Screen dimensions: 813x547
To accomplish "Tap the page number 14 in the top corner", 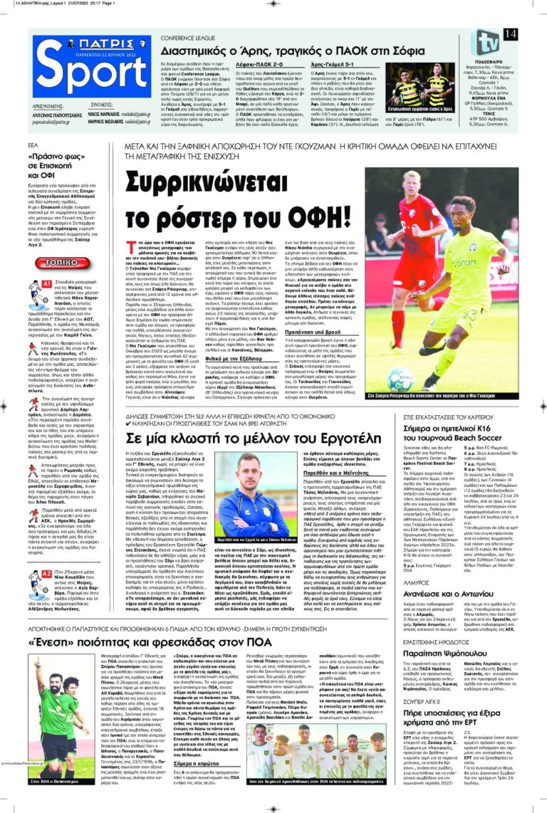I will tap(510, 34).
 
